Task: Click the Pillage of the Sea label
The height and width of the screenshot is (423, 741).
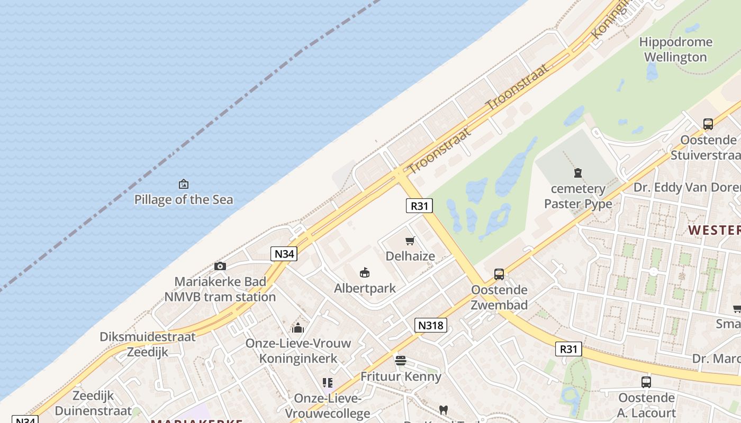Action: point(183,200)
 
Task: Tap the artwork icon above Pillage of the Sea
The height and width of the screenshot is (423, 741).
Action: point(183,184)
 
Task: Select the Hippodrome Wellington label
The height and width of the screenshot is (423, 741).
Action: point(675,49)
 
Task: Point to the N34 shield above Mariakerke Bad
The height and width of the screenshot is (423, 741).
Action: point(284,254)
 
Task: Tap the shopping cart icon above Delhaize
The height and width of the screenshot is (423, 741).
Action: point(410,241)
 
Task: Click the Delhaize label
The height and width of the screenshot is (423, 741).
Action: point(410,256)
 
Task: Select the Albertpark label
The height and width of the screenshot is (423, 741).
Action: point(365,288)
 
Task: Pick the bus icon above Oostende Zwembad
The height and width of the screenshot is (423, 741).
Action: point(499,274)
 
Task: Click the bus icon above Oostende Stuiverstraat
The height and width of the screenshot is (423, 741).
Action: point(708,124)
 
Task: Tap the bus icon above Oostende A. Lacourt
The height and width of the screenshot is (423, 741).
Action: point(646,382)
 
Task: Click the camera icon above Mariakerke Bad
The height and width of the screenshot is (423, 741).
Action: point(220,266)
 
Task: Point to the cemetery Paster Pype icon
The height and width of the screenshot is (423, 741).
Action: point(578,172)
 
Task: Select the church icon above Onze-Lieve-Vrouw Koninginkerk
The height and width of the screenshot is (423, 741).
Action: point(298,328)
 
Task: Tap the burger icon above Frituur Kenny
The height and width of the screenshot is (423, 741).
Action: point(401,361)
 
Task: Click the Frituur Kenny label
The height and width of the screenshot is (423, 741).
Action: point(401,376)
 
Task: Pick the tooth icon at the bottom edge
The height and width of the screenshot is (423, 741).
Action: point(444,410)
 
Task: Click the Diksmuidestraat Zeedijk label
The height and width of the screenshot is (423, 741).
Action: point(148,344)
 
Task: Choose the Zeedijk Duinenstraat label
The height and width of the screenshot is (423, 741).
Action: point(93,403)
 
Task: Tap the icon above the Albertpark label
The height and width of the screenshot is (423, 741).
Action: point(365,273)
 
